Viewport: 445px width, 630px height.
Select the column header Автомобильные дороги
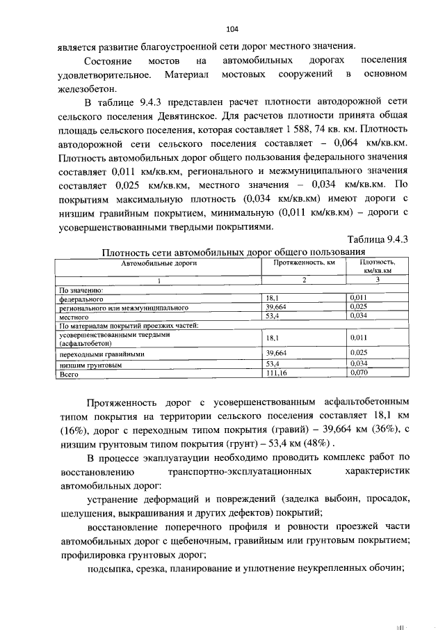(x=159, y=263)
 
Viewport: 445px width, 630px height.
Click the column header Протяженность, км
(x=304, y=263)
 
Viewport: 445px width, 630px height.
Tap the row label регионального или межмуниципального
(x=115, y=306)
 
